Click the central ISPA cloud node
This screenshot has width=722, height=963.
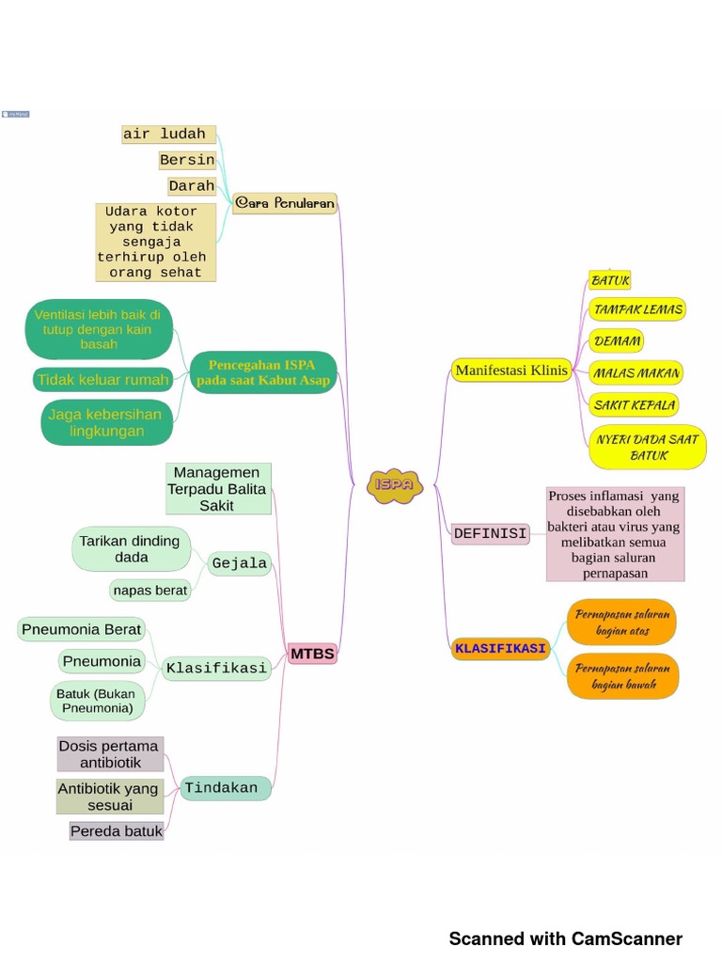click(x=394, y=485)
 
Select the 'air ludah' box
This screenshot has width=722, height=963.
click(x=169, y=134)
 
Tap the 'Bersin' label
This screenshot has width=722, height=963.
click(x=187, y=160)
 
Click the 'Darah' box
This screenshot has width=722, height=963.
click(x=192, y=186)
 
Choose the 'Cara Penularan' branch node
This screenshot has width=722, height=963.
click(x=285, y=203)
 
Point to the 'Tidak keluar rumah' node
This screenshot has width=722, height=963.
click(x=102, y=380)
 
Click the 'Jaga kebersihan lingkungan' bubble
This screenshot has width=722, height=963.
click(x=106, y=422)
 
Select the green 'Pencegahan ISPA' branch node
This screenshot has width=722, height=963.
click(x=262, y=372)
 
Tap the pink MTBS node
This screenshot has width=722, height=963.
click(x=312, y=654)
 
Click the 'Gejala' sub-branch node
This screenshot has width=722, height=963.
click(x=240, y=564)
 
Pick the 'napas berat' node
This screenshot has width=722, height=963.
click(x=149, y=591)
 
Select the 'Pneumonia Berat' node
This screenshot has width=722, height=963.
click(x=82, y=629)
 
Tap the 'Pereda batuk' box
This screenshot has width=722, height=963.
click(x=117, y=831)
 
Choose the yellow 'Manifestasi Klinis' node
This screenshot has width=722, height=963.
click(x=511, y=371)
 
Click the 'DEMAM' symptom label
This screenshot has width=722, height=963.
click(x=617, y=340)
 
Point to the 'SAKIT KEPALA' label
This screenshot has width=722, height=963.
click(x=635, y=405)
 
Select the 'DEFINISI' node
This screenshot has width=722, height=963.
click(x=490, y=533)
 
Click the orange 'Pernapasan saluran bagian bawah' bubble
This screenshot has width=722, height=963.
click(x=623, y=676)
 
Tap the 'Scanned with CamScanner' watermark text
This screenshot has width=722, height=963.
click(x=565, y=939)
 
